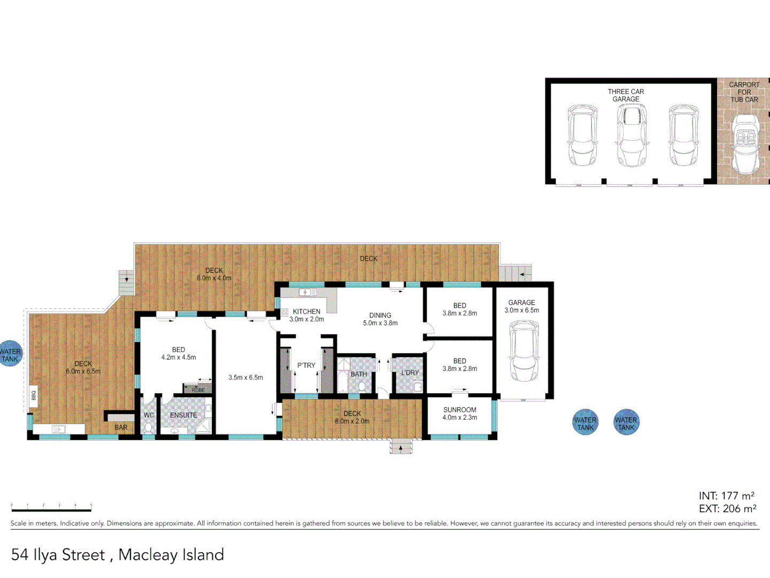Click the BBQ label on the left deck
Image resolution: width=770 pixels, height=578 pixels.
pyautogui.click(x=34, y=395)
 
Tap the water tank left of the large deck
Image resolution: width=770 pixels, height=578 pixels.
pyautogui.click(x=10, y=354)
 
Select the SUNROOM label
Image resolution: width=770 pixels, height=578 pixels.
pyautogui.click(x=459, y=410)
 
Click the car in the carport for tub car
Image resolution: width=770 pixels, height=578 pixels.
pyautogui.click(x=744, y=144)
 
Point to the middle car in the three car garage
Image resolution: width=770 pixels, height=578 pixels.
pyautogui.click(x=632, y=136)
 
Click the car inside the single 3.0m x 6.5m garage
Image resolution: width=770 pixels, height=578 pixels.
pyautogui.click(x=523, y=351)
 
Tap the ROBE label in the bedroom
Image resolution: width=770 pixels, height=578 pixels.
pyautogui.click(x=198, y=390)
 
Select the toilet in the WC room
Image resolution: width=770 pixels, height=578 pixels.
pyautogui.click(x=148, y=428)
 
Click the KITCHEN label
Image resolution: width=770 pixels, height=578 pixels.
pyautogui.click(x=306, y=311)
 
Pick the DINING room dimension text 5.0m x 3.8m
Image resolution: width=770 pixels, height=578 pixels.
pyautogui.click(x=380, y=323)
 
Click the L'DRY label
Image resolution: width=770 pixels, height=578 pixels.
pyautogui.click(x=410, y=373)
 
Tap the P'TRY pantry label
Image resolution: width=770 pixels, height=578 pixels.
pyautogui.click(x=306, y=366)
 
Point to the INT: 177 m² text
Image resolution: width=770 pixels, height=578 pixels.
pyautogui.click(x=726, y=496)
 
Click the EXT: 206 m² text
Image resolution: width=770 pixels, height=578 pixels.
pyautogui.click(x=727, y=509)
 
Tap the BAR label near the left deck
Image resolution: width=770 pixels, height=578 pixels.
pyautogui.click(x=121, y=428)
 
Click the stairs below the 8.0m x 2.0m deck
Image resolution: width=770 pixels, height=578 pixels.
pyautogui.click(x=401, y=447)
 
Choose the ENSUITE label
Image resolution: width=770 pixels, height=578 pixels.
pyautogui.click(x=183, y=415)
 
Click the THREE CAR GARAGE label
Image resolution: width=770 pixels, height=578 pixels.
pyautogui.click(x=626, y=95)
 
